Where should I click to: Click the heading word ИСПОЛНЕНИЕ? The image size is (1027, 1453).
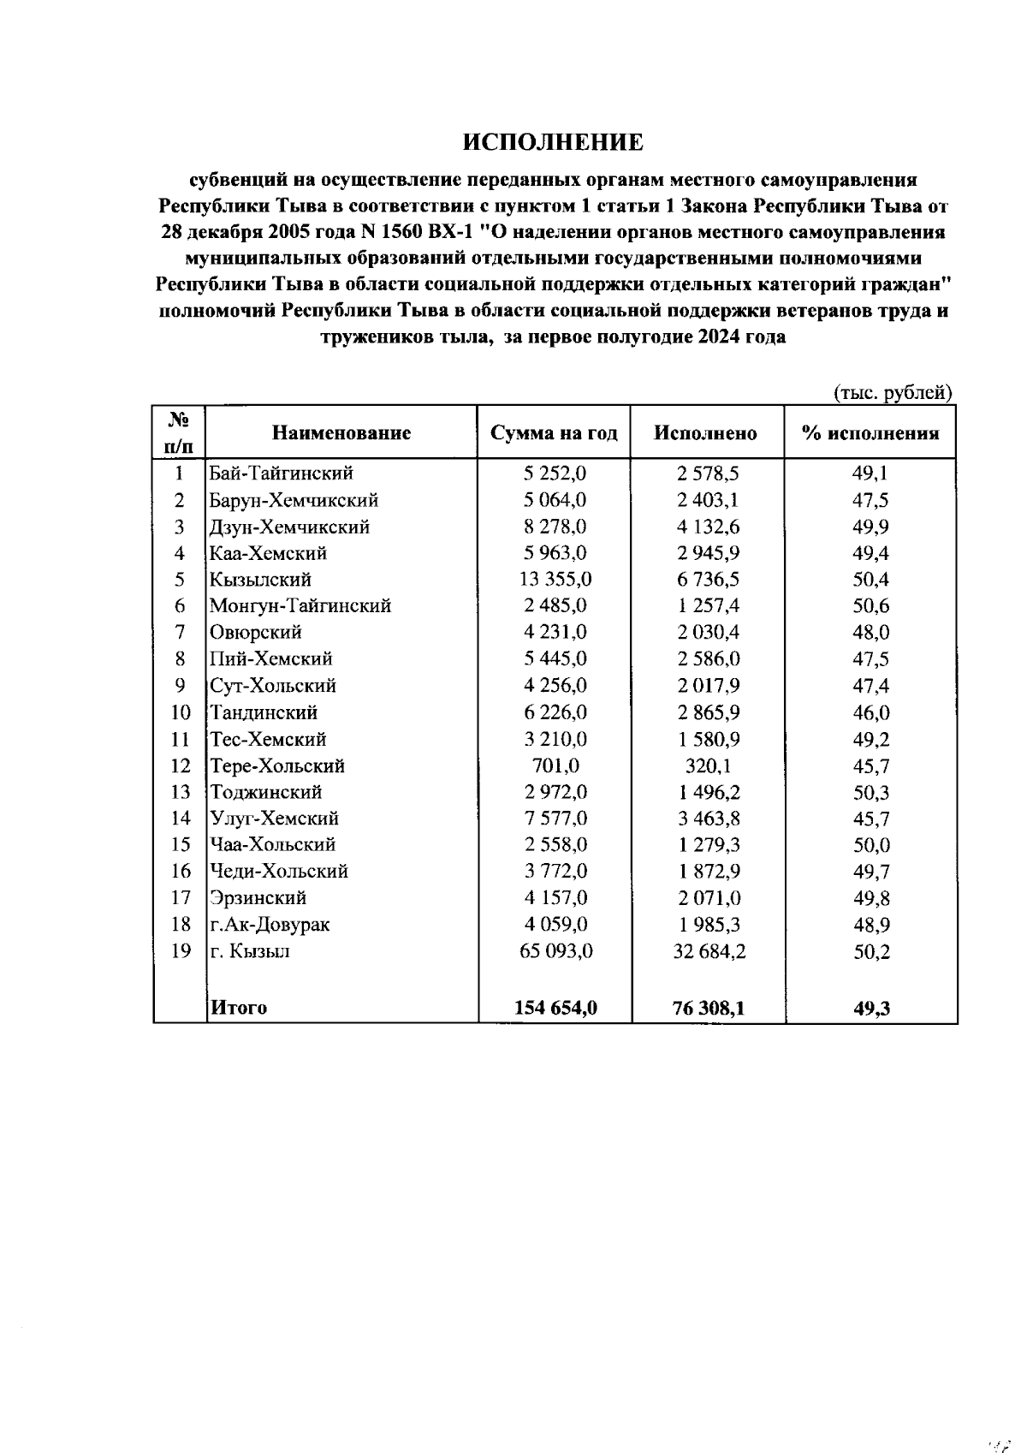(x=552, y=142)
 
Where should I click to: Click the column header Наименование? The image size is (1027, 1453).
(x=341, y=433)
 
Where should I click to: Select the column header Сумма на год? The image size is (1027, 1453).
(x=554, y=433)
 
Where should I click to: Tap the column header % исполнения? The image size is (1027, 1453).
(x=870, y=433)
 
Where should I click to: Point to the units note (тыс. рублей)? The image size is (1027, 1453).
(x=893, y=393)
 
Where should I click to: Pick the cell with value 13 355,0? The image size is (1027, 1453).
(x=555, y=580)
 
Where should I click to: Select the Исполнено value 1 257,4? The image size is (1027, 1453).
(x=708, y=606)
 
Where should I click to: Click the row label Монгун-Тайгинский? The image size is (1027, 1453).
(x=300, y=606)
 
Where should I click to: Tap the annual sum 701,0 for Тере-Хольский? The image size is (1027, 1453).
(x=555, y=765)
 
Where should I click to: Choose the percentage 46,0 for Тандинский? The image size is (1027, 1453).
(x=870, y=712)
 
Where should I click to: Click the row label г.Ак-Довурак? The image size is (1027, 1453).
(x=270, y=925)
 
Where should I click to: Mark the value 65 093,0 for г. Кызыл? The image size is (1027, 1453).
(x=555, y=951)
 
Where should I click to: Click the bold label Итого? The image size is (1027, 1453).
(x=239, y=1008)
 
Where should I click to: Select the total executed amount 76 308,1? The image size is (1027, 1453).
(x=708, y=1008)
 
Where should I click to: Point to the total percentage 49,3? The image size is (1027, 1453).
(x=871, y=1009)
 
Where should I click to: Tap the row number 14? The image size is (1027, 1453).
(x=180, y=819)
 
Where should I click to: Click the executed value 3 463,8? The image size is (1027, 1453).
(x=708, y=819)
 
